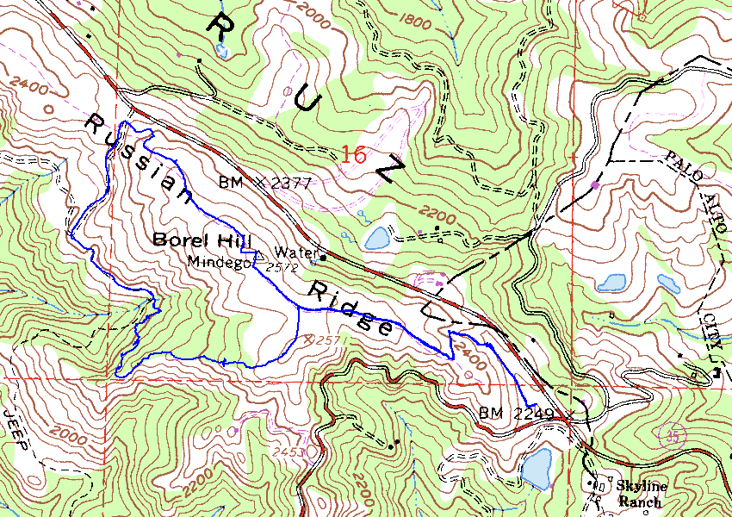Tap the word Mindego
(x=219, y=262)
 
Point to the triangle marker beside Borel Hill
(x=257, y=253)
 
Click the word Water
(x=294, y=252)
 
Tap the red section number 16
(x=353, y=155)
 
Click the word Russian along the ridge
(x=138, y=159)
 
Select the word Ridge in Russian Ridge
(x=354, y=308)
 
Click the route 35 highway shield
(x=671, y=435)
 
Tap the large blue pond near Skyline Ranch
(x=537, y=467)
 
